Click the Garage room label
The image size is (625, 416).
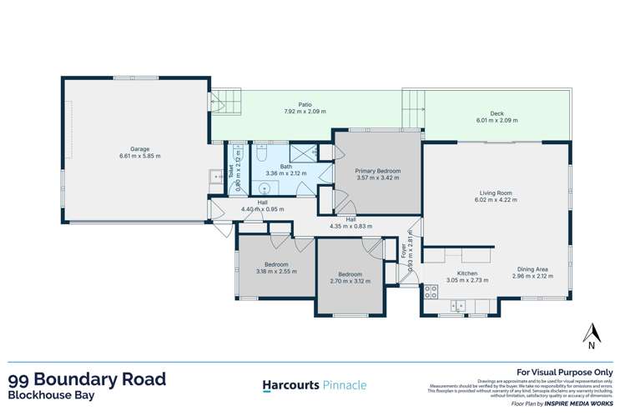tap(139, 148)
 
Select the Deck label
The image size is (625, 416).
tap(496, 115)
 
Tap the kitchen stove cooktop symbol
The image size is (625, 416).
tap(431, 292)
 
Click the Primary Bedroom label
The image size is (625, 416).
tap(378, 170)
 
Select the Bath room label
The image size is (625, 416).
tap(285, 166)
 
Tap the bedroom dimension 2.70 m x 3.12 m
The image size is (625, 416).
tap(350, 281)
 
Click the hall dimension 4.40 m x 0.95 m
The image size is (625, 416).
tap(262, 208)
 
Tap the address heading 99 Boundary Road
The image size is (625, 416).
tap(86, 378)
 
